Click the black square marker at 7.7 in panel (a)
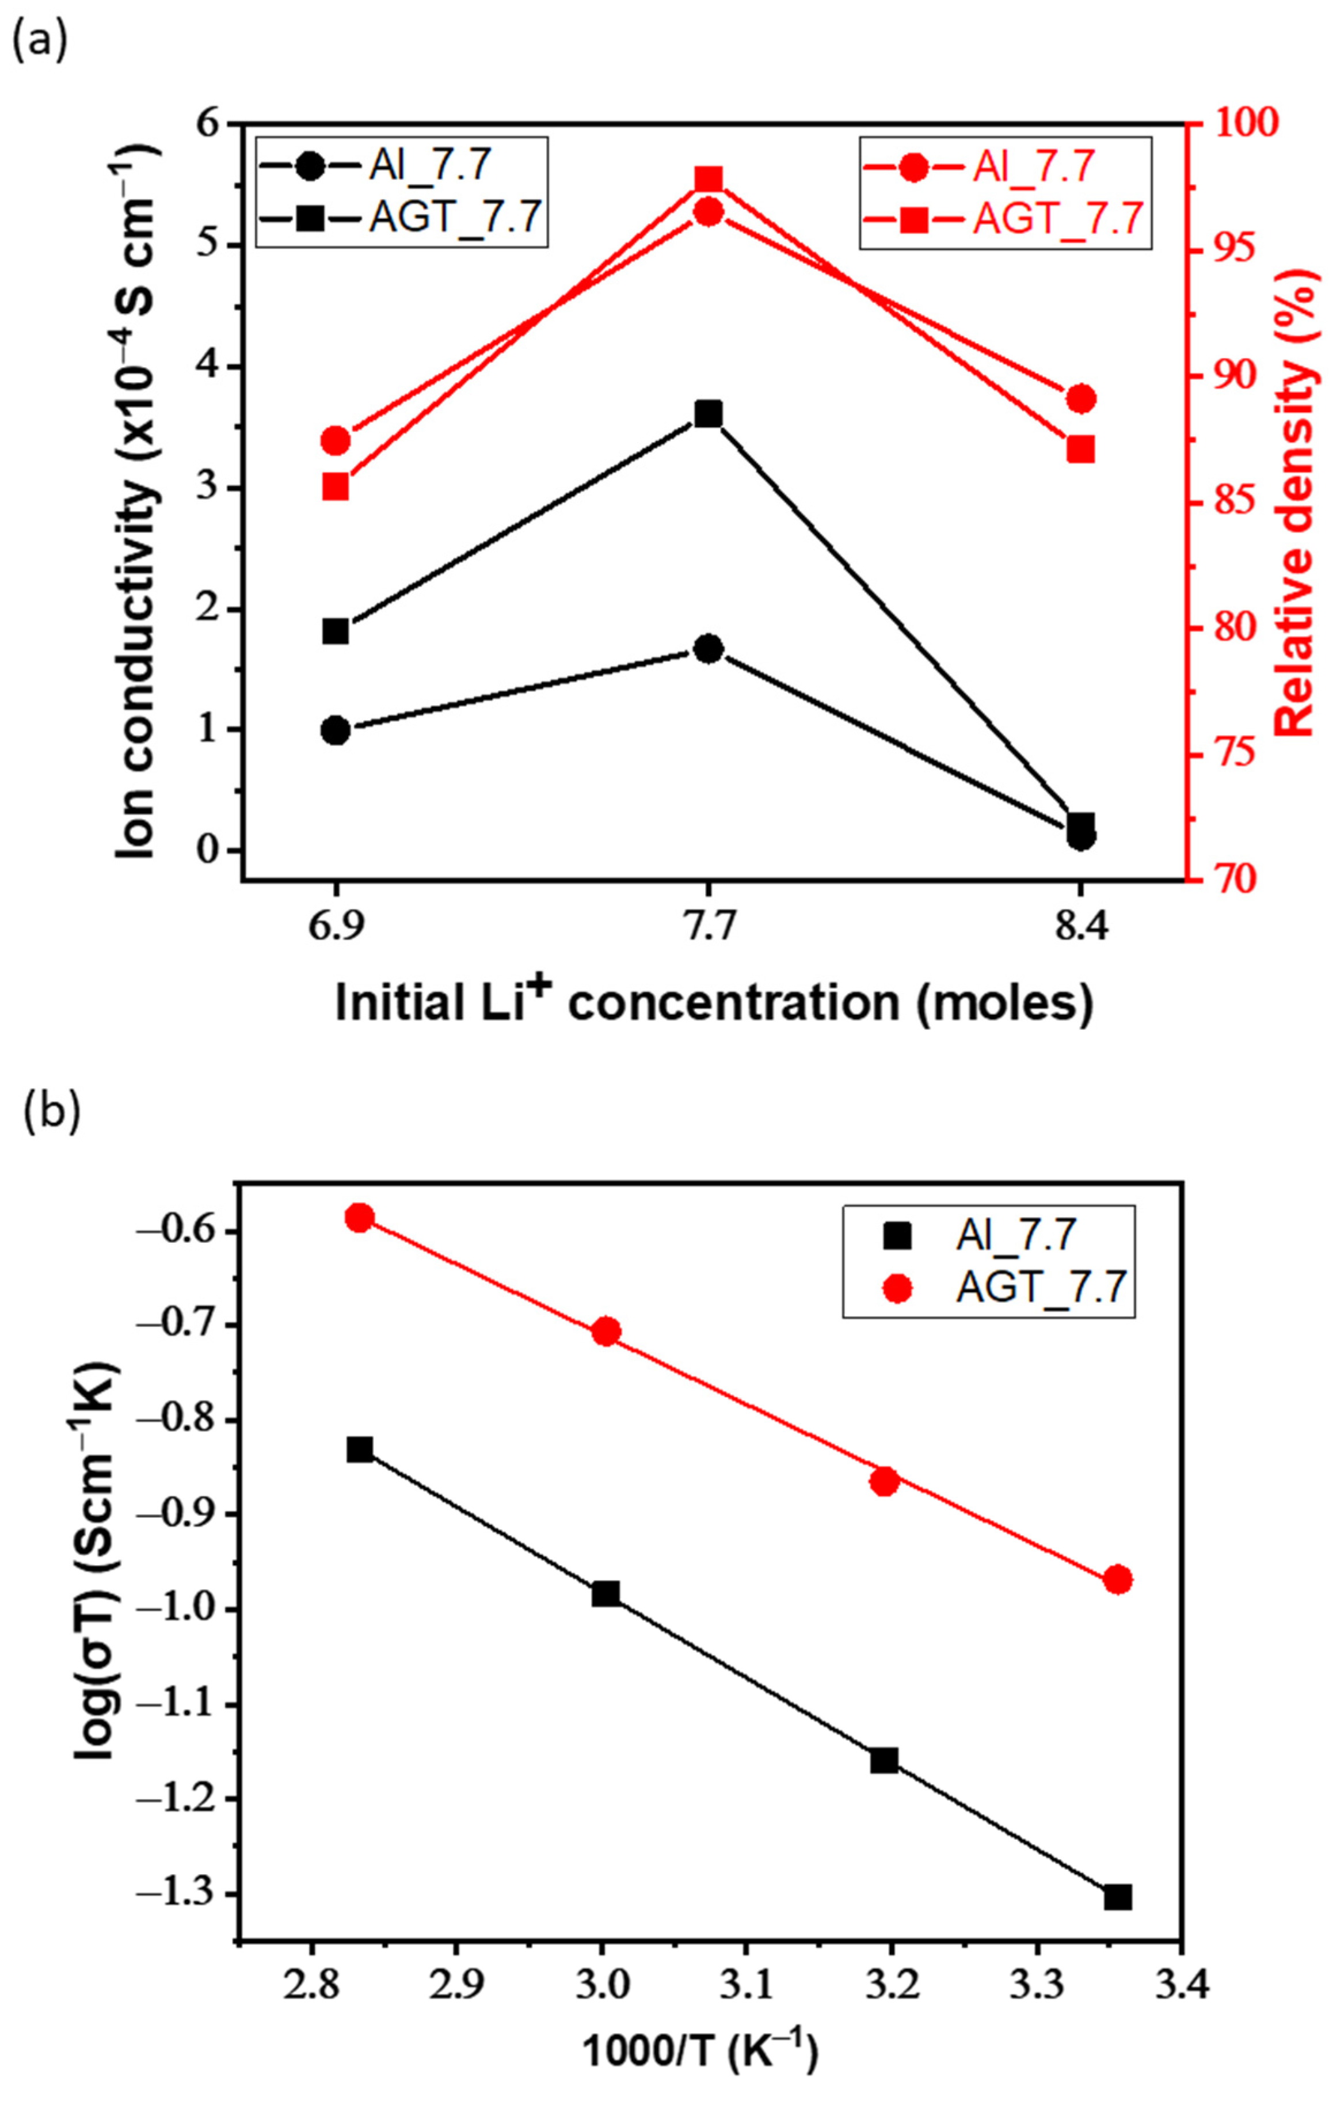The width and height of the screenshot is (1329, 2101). click(x=708, y=413)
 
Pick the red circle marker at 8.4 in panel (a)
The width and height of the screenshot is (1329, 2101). click(x=1081, y=399)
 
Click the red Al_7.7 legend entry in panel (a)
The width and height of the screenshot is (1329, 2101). click(x=1003, y=167)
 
